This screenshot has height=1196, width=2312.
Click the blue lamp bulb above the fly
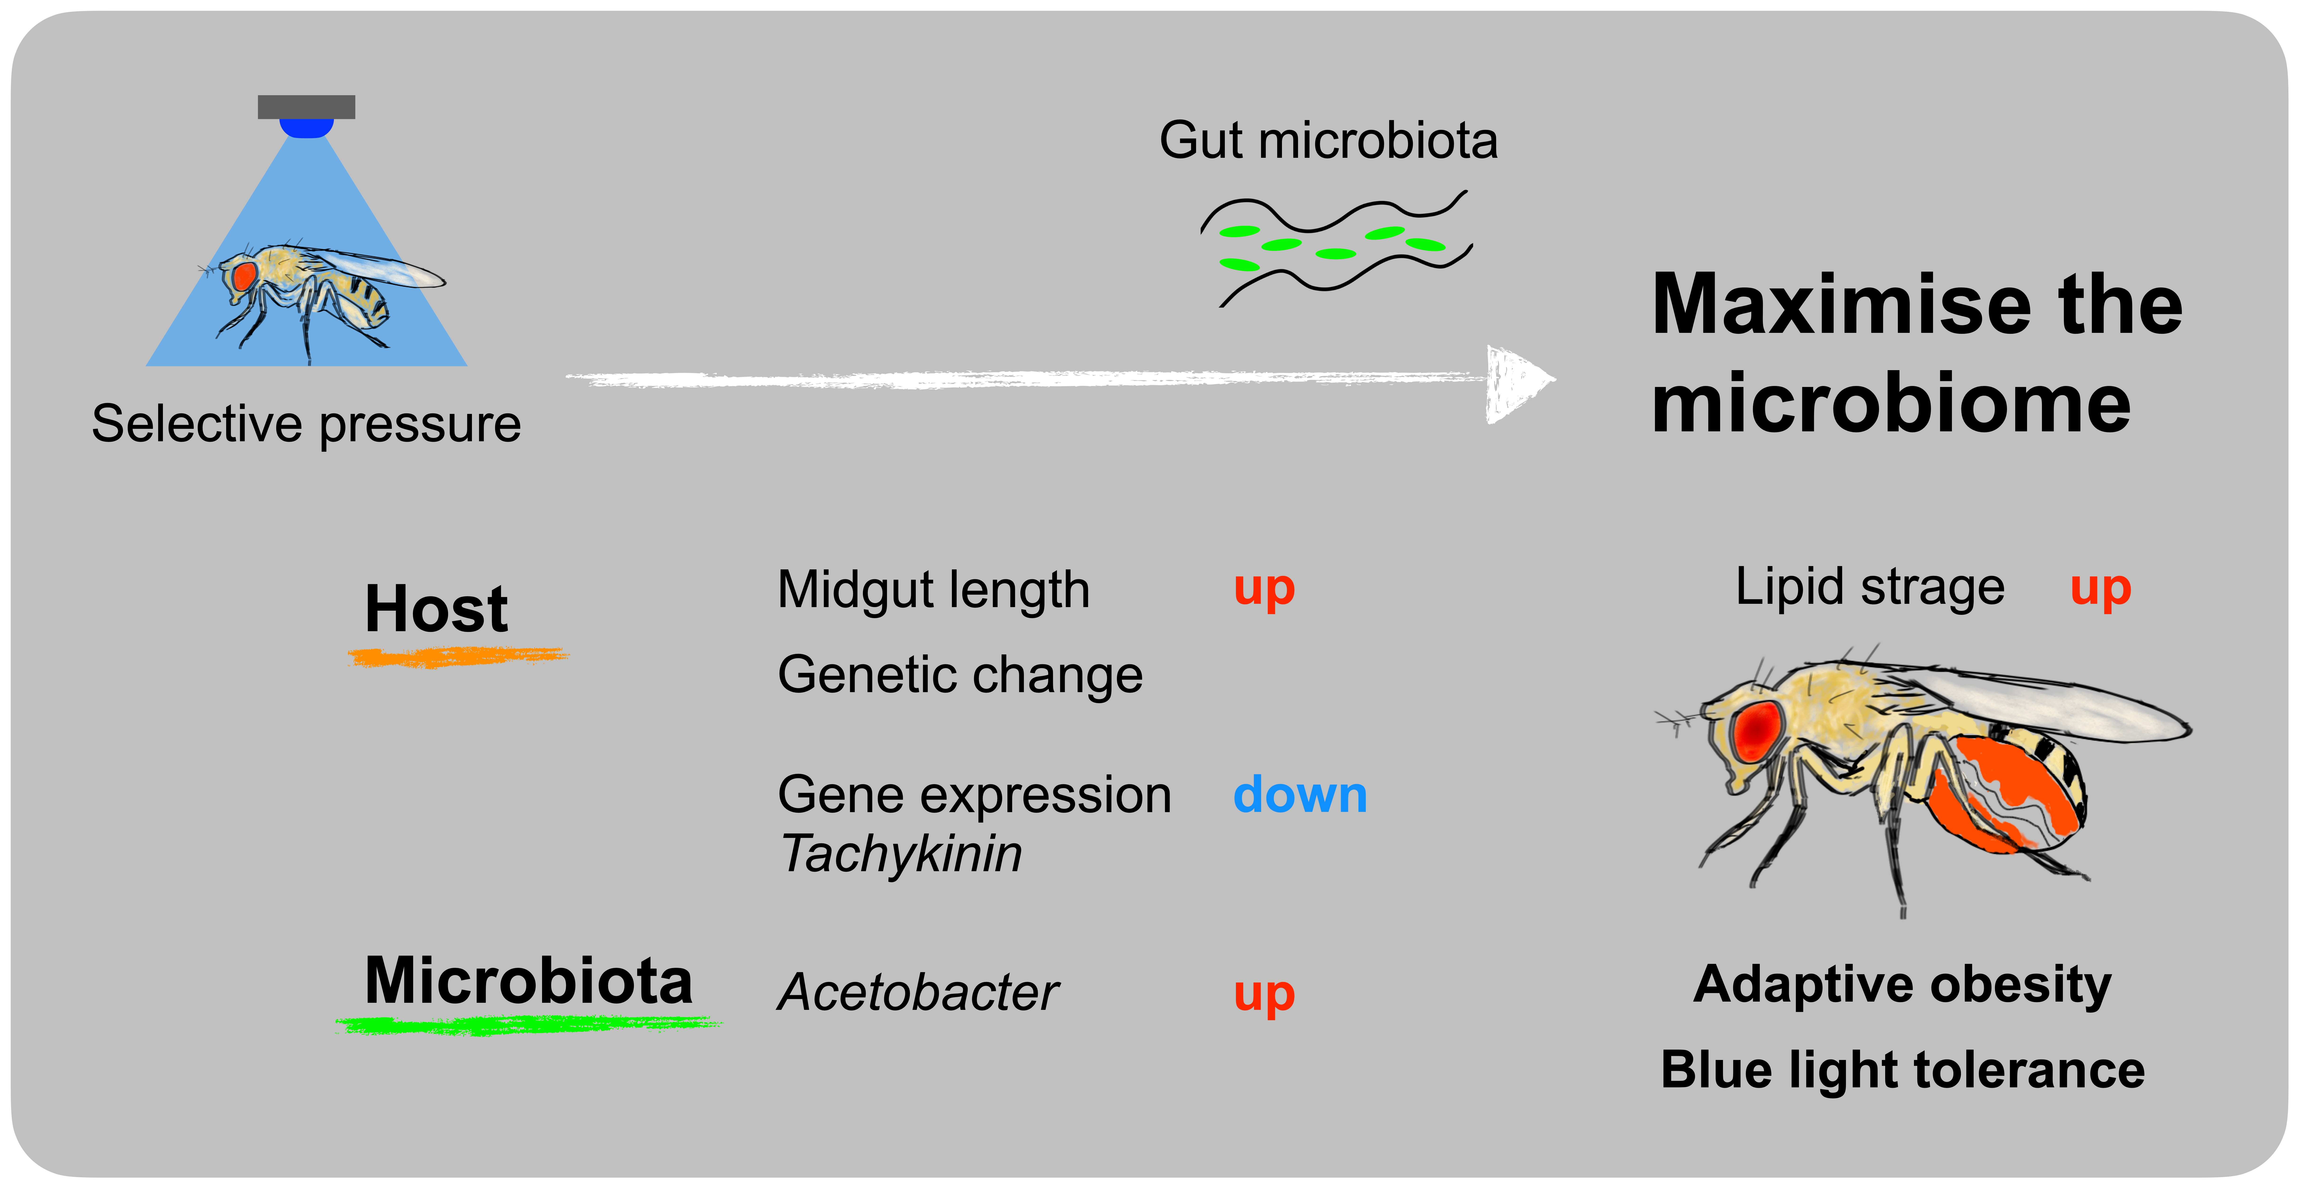(306, 128)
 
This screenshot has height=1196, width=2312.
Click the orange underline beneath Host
(458, 658)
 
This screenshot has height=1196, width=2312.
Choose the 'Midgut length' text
(933, 591)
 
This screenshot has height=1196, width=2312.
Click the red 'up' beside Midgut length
(1264, 589)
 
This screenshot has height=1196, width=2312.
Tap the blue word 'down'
(1300, 796)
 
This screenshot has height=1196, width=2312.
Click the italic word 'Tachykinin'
(901, 854)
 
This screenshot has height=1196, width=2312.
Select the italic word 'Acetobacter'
(917, 993)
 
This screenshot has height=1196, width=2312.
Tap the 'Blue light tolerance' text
(1903, 1070)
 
